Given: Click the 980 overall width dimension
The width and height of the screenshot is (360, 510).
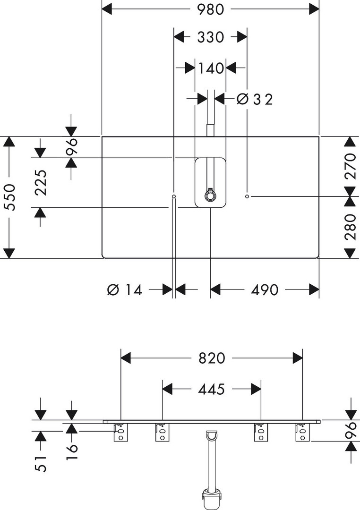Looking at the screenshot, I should click(211, 9).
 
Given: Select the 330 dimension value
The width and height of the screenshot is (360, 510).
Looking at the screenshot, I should click(211, 37).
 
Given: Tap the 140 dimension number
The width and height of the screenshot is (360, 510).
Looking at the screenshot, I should click(211, 68).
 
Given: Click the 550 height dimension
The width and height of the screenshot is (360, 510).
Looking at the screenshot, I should click(10, 197).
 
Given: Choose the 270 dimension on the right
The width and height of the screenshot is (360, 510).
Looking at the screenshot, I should click(350, 166).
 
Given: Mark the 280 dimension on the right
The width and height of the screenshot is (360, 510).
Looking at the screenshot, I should click(350, 227).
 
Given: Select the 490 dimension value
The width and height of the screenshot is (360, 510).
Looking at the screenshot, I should click(264, 289).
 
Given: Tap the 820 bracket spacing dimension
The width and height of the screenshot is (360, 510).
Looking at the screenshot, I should click(212, 358).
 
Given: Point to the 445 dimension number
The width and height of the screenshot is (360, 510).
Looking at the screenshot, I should click(211, 389).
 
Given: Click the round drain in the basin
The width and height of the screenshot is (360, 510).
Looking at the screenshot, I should click(209, 195).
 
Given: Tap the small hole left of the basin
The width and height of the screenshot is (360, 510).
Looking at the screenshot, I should click(174, 195).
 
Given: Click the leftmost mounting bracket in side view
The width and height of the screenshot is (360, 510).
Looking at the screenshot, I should click(121, 432).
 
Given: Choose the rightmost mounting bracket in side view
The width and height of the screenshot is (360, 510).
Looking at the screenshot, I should click(302, 432).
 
